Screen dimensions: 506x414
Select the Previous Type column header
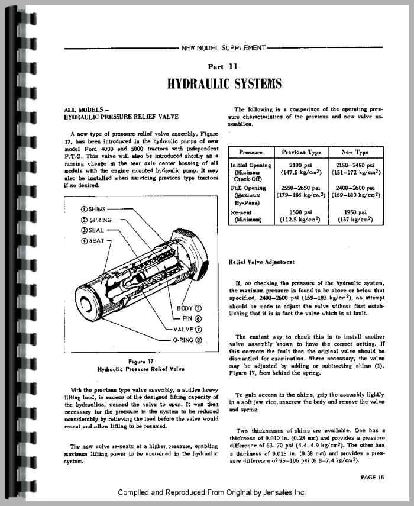302,152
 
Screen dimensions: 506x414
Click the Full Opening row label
251,187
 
